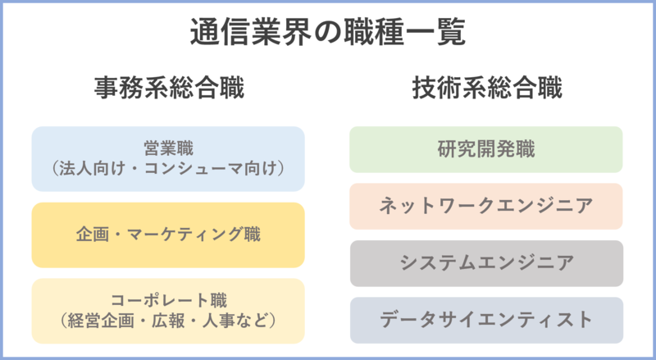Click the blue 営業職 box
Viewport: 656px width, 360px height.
coord(168,159)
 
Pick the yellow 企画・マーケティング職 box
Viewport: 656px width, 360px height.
coord(168,235)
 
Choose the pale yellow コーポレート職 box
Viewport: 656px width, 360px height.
coord(168,311)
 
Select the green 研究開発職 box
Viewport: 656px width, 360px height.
coord(486,149)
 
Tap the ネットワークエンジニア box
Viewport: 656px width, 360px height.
coord(486,206)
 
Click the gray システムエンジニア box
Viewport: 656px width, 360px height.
coord(486,262)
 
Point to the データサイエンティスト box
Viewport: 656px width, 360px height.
coord(486,319)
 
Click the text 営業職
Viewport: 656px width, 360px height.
coord(168,149)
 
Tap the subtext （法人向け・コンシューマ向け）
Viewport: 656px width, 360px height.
coord(168,169)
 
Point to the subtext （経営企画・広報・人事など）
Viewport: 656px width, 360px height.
coord(168,321)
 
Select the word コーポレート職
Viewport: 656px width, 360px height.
coord(168,301)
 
